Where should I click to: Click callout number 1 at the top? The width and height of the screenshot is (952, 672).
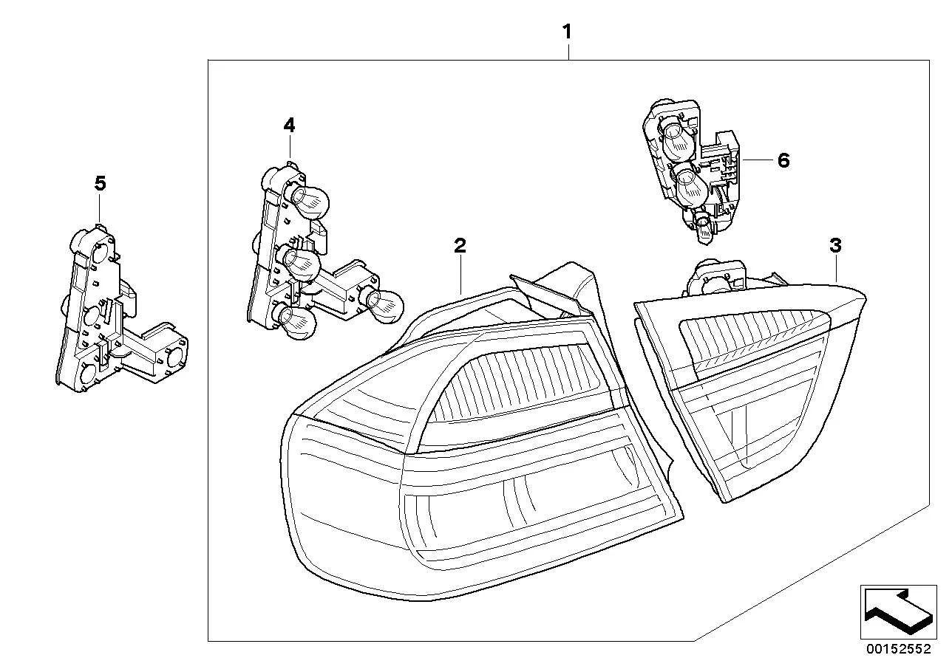pos(567,32)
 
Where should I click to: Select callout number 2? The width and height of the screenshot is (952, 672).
pos(460,246)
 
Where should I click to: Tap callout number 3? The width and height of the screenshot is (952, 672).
pos(835,246)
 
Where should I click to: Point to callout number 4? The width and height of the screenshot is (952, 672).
pos(289,126)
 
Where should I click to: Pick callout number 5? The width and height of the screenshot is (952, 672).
pos(100,183)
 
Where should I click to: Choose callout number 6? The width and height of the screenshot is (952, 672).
pos(783,160)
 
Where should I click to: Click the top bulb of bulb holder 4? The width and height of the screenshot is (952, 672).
pos(307,202)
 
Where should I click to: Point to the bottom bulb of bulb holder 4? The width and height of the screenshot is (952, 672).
pos(296,322)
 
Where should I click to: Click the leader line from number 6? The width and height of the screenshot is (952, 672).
pos(758,160)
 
